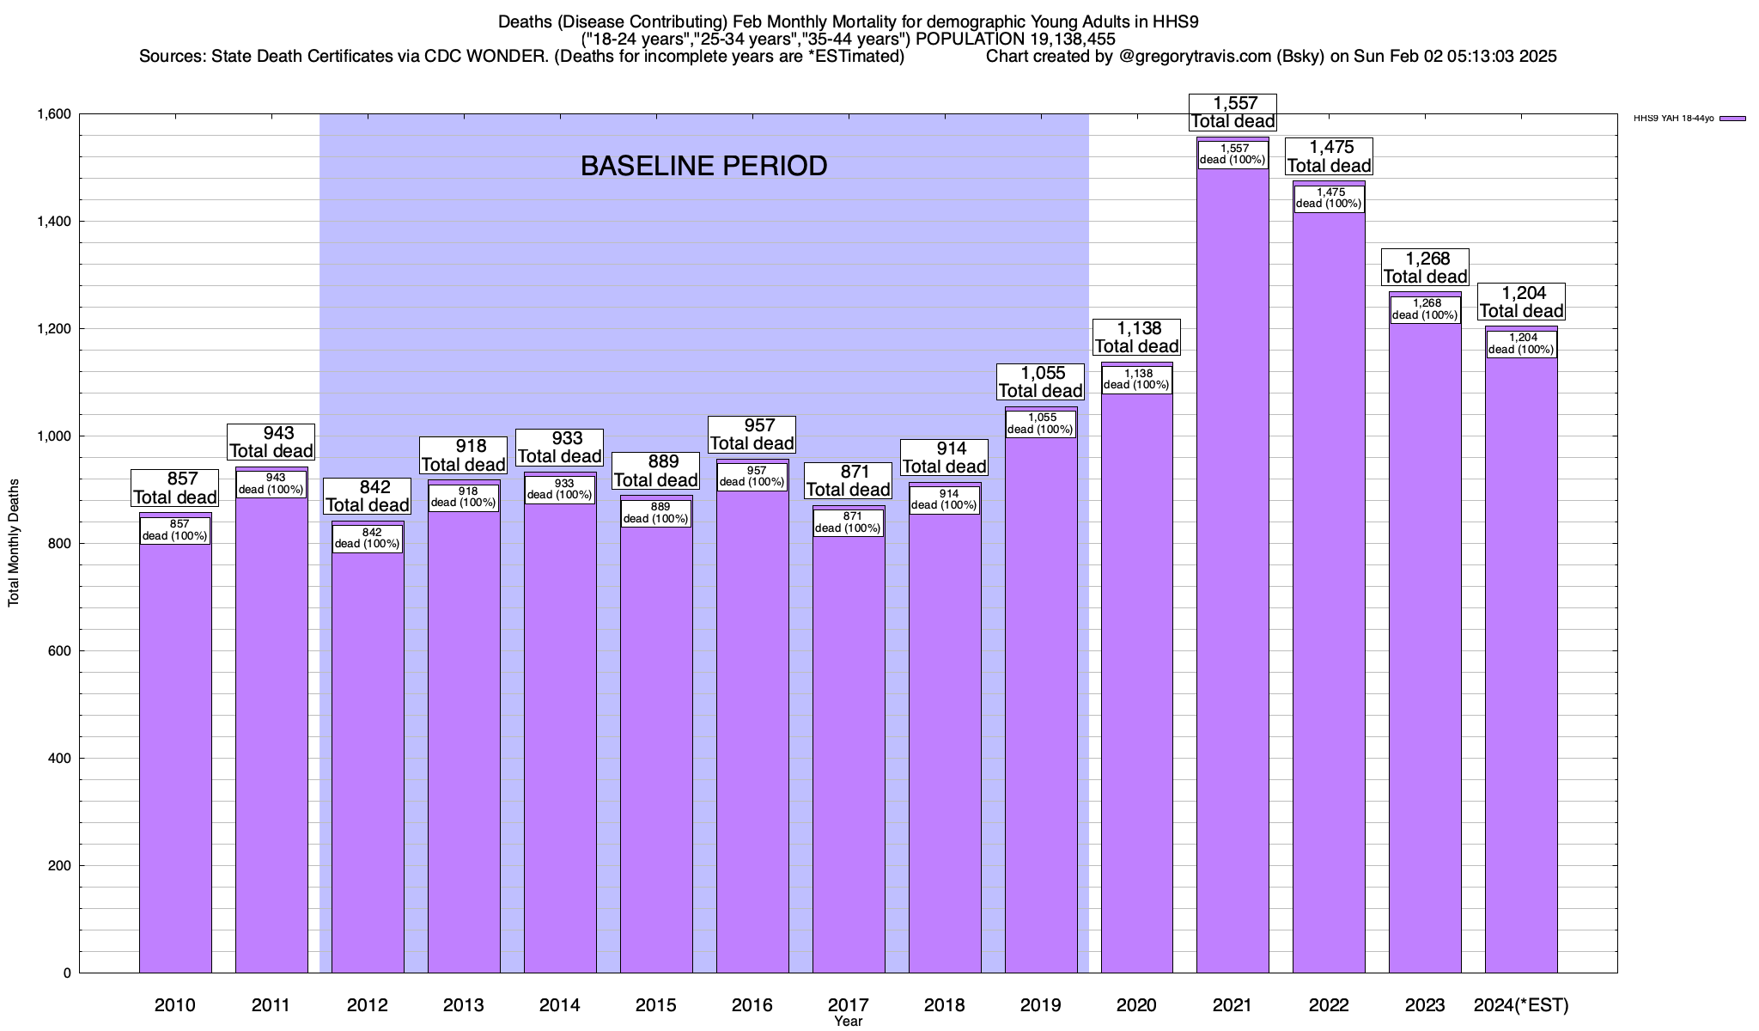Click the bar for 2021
click(1233, 601)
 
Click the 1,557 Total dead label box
click(1233, 113)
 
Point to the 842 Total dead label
click(368, 496)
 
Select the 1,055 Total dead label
click(1041, 381)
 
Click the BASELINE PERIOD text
click(703, 166)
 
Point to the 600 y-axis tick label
click(60, 651)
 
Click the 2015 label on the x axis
click(655, 1005)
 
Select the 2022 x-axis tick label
click(1329, 1005)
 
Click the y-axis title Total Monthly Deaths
click(14, 543)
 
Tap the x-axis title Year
click(848, 1022)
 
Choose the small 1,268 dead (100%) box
click(1425, 309)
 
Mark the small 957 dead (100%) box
click(752, 476)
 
